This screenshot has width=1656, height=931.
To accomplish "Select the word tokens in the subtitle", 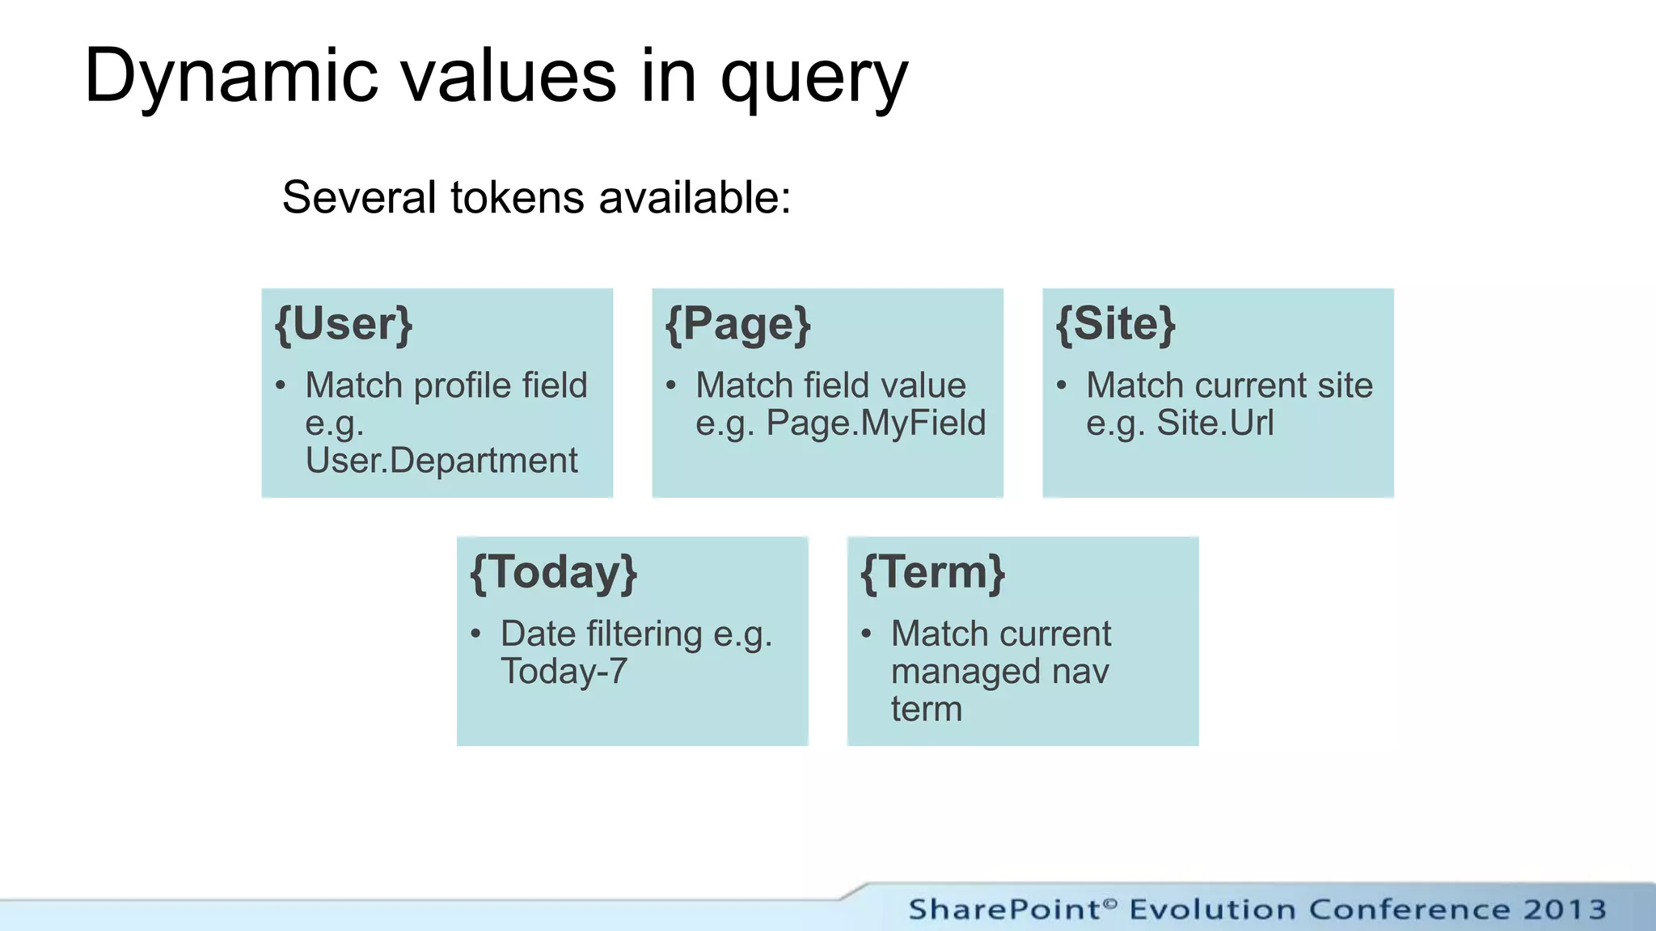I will pos(517,198).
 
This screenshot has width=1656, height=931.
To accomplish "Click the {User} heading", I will pos(344,325).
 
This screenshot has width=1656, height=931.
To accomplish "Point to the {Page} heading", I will pos(737,325).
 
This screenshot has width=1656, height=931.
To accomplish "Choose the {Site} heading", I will pos(1116,325).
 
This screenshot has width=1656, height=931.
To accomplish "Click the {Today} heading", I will pos(554,573).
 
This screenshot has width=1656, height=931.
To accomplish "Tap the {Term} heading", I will pos(932,573).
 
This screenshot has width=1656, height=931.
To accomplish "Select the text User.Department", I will pos(441,461).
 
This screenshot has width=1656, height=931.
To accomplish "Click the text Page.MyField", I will pos(876,423).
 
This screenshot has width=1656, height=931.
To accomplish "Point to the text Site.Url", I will pos(1215,423).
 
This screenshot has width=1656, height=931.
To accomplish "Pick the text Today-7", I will pos(564,672).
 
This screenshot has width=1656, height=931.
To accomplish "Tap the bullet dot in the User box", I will pos(281,385).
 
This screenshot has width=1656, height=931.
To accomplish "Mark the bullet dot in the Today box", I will pos(476,634).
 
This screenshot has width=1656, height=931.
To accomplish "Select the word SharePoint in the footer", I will pos(1005,909).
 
